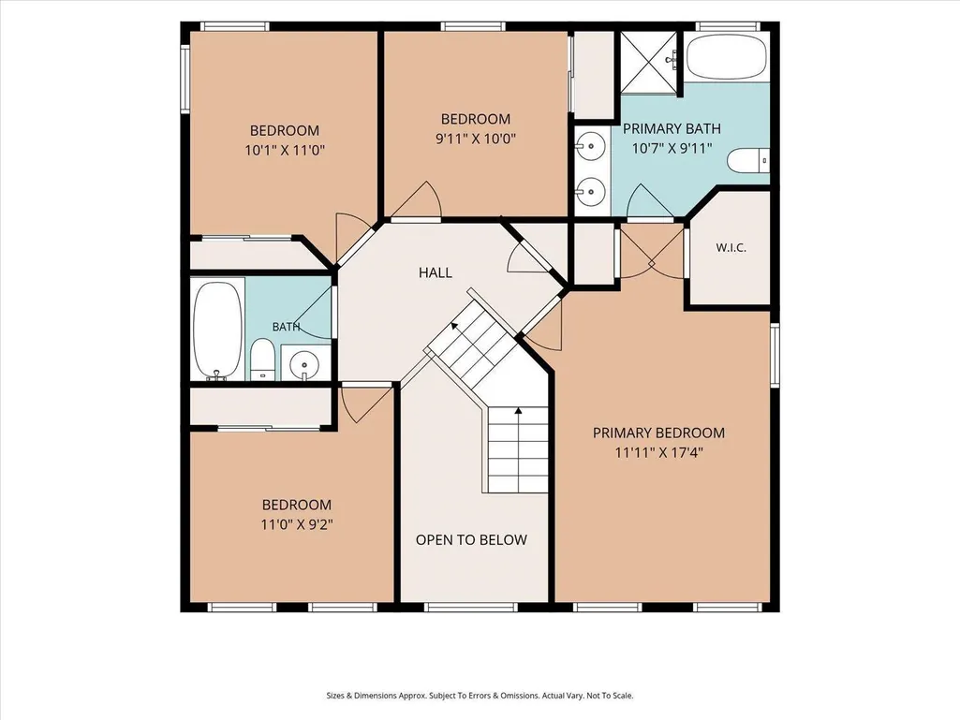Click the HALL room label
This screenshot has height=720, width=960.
(x=436, y=272)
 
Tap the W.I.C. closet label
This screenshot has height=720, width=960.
(x=731, y=248)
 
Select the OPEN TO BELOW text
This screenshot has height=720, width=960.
(x=471, y=540)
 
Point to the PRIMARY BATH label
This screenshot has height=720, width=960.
(x=672, y=128)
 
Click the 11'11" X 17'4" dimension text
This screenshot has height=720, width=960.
(x=658, y=453)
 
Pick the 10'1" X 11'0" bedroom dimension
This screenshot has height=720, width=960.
(x=285, y=150)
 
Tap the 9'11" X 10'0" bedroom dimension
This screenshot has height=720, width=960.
(x=476, y=139)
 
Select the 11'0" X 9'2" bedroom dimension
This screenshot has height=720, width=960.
(x=297, y=524)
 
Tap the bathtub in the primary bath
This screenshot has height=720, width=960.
(x=726, y=56)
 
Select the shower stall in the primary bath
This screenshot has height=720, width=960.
(x=649, y=63)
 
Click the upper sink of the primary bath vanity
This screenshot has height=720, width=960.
(x=591, y=146)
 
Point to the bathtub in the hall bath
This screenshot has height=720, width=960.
(x=217, y=331)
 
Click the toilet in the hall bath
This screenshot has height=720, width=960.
(x=262, y=359)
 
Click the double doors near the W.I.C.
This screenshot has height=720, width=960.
(x=652, y=252)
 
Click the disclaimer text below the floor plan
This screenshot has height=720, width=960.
(x=480, y=696)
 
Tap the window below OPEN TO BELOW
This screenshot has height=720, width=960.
(x=471, y=608)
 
